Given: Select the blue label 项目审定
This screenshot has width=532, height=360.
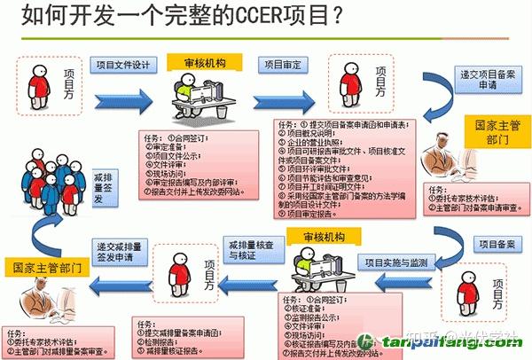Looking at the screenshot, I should click(283, 64).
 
